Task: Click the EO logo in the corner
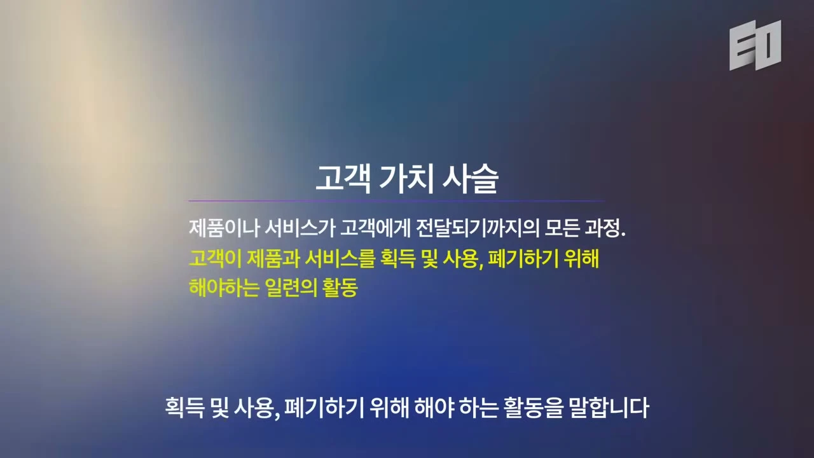[755, 45]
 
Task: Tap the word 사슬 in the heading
[471, 179]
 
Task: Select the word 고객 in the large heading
[343, 179]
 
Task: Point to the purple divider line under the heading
[396, 200]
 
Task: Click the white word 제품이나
[224, 228]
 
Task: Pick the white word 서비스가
[300, 228]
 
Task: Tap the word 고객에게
[375, 228]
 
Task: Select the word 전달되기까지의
[478, 228]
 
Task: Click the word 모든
[562, 228]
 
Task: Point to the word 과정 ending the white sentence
[602, 228]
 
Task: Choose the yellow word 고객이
[215, 259]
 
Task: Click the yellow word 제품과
[273, 259]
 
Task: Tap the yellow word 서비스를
[340, 259]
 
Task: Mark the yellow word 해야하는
[224, 288]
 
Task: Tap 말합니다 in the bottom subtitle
[609, 408]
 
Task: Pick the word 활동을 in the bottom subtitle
[534, 408]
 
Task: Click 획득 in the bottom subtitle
[184, 408]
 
